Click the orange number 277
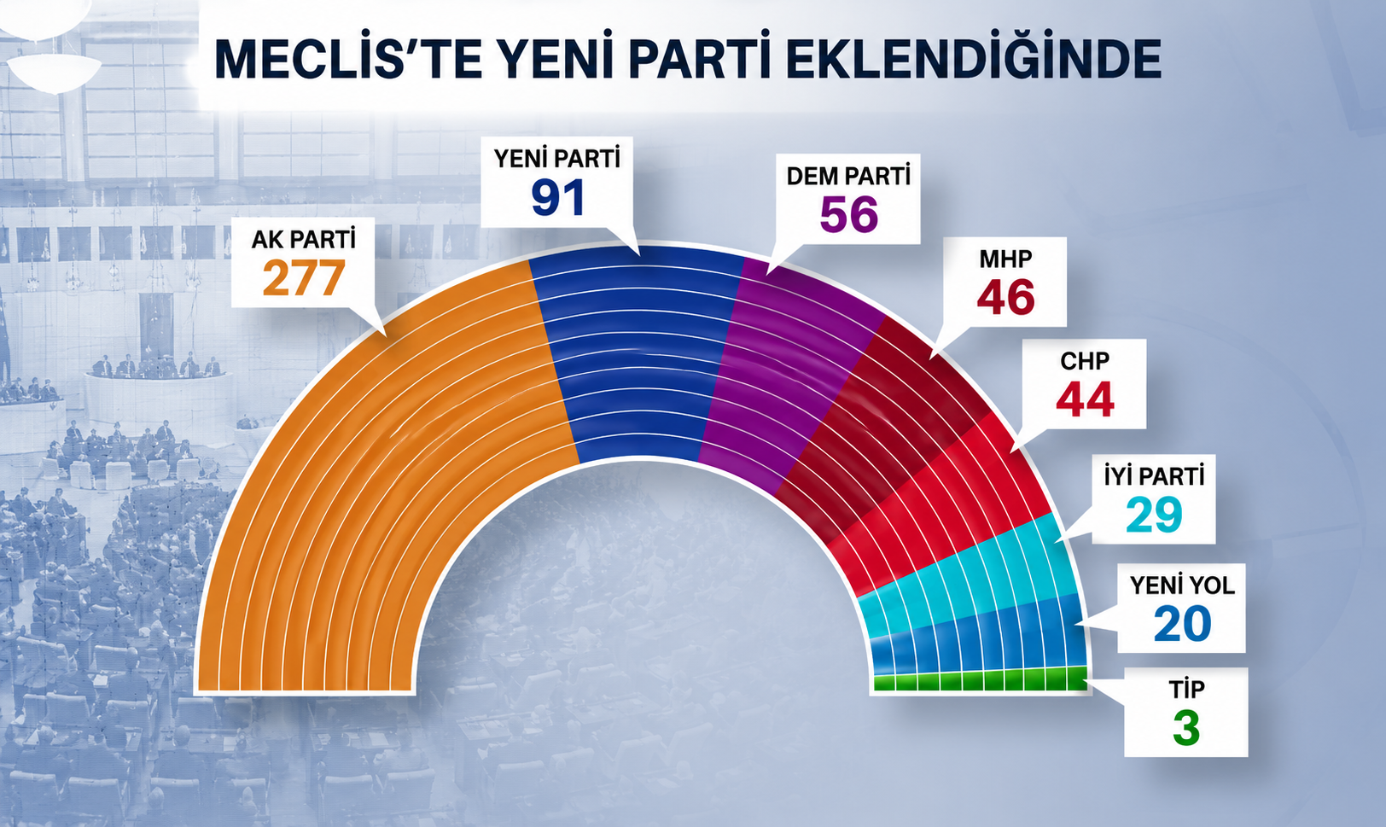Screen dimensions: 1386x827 pyautogui.click(x=303, y=277)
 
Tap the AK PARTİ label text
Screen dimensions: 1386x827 pyautogui.click(x=303, y=239)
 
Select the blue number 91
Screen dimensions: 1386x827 pyautogui.click(x=557, y=197)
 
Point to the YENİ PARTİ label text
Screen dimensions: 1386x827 pyautogui.click(x=556, y=159)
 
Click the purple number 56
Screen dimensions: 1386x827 pyautogui.click(x=849, y=214)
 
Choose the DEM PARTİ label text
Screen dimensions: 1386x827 pyautogui.click(x=848, y=177)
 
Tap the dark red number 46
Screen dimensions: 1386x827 pyautogui.click(x=1005, y=297)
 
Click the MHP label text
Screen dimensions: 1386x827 pyautogui.click(x=1005, y=259)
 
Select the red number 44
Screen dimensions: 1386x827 pyautogui.click(x=1085, y=399)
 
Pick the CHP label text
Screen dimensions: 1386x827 pyautogui.click(x=1085, y=361)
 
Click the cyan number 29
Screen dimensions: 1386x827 pyautogui.click(x=1154, y=515)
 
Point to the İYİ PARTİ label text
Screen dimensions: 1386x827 pyautogui.click(x=1154, y=476)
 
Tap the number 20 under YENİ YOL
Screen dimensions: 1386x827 pyautogui.click(x=1182, y=624)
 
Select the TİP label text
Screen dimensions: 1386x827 pyautogui.click(x=1186, y=689)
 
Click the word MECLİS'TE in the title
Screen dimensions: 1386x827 pyautogui.click(x=347, y=59)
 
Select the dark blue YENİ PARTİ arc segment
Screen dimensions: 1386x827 pyautogui.click(x=638, y=352)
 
